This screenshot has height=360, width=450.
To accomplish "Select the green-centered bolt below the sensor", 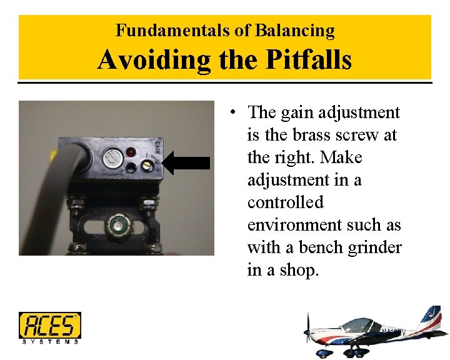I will [x=116, y=224].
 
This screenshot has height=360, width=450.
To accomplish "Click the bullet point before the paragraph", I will [x=232, y=113].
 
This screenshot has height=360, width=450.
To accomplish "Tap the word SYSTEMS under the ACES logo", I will [x=50, y=342].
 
